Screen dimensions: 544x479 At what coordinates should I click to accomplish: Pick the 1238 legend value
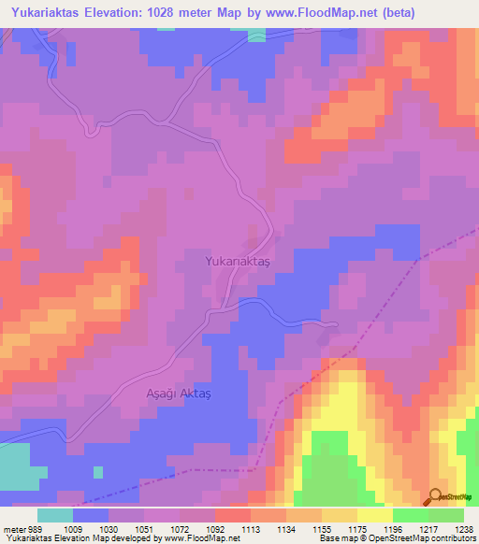[463, 528]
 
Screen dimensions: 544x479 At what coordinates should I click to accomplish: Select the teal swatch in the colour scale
[55, 515]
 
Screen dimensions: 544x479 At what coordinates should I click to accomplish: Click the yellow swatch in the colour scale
[374, 515]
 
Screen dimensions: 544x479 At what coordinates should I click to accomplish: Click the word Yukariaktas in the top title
[48, 12]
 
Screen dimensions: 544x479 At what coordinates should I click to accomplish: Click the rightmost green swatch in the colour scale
[445, 515]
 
